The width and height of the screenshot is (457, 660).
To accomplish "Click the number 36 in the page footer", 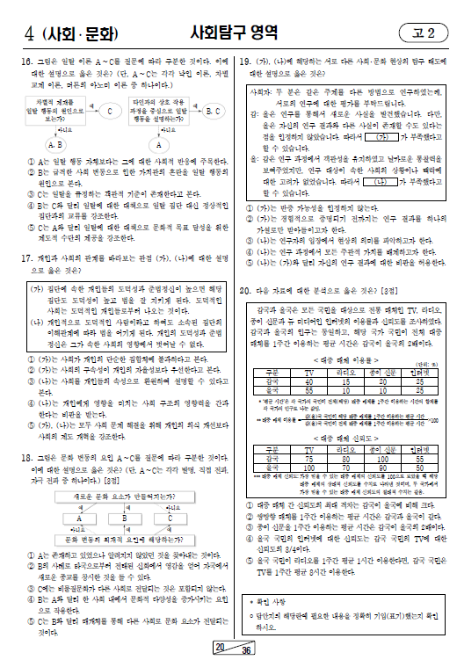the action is point(247,650).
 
